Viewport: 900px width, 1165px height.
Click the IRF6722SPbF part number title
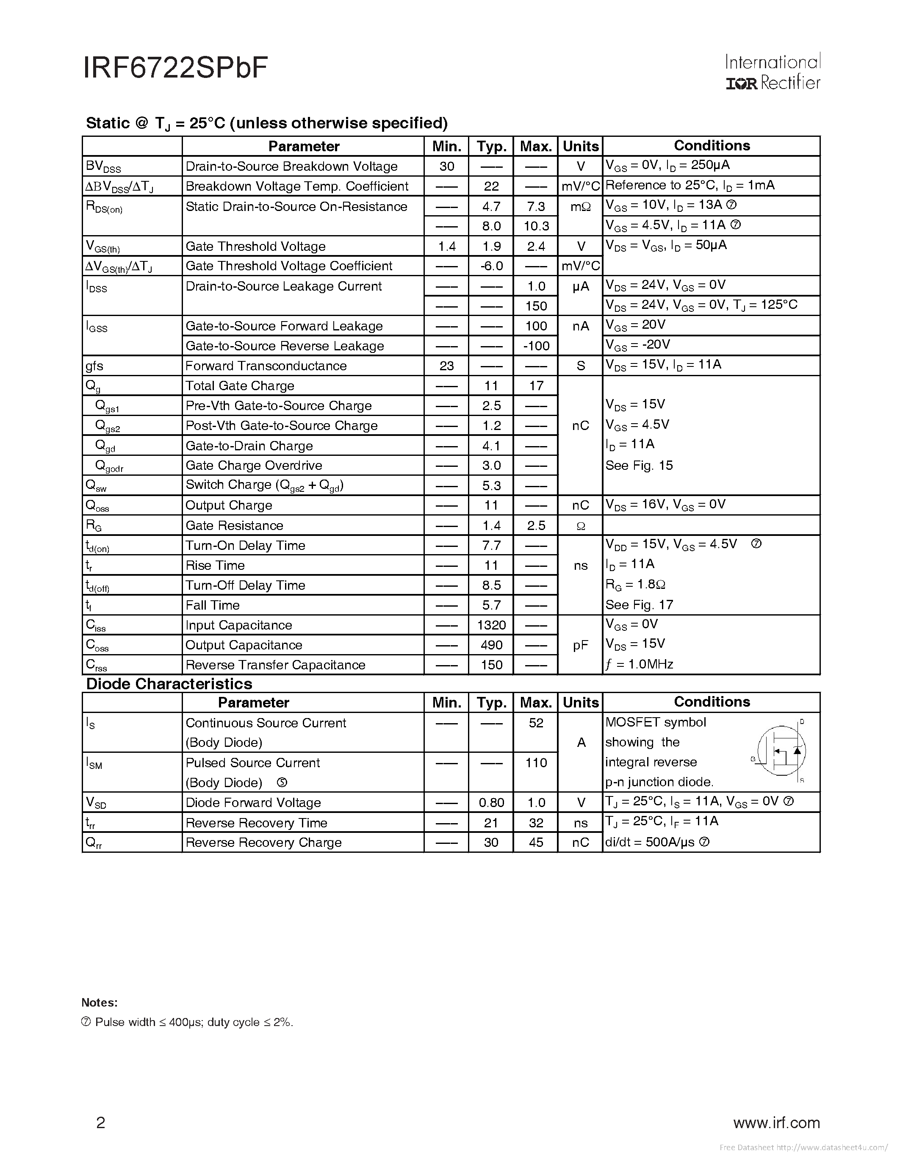pyautogui.click(x=175, y=68)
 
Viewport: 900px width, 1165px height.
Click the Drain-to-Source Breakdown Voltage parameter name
pyautogui.click(x=291, y=166)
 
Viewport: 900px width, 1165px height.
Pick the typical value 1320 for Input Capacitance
pyautogui.click(x=491, y=625)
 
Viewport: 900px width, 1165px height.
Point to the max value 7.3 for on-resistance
pyautogui.click(x=536, y=206)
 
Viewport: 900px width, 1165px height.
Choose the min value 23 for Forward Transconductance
pyautogui.click(x=447, y=366)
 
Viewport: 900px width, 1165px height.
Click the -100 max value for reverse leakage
pyautogui.click(x=536, y=346)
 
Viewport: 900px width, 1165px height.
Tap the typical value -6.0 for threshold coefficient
pyautogui.click(x=491, y=266)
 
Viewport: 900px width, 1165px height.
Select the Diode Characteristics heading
pyautogui.click(x=169, y=684)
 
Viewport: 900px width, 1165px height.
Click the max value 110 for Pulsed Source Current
pyautogui.click(x=536, y=763)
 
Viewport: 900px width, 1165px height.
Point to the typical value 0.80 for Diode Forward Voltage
pyautogui.click(x=491, y=803)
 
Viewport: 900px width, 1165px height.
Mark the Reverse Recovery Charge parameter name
pyautogui.click(x=263, y=843)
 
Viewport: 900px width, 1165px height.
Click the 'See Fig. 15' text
pyautogui.click(x=639, y=466)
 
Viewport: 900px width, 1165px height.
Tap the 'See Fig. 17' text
pyautogui.click(x=639, y=605)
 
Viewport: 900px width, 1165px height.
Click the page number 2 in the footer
pyautogui.click(x=101, y=1123)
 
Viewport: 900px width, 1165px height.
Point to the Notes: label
pyautogui.click(x=100, y=1002)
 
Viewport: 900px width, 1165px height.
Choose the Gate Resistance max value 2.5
pyautogui.click(x=536, y=525)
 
